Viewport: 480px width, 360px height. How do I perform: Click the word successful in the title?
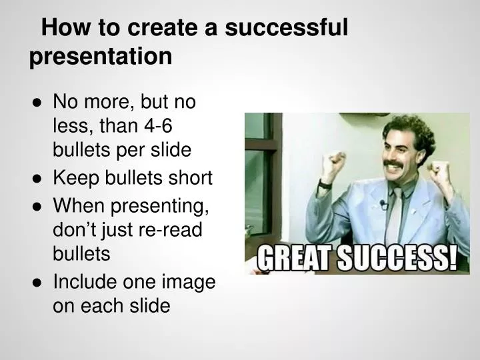286,27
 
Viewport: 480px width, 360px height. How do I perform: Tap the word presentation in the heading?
100,56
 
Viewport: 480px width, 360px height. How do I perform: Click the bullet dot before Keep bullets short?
38,179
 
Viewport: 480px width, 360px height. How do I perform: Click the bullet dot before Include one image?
38,281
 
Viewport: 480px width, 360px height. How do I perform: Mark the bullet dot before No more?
38,102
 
